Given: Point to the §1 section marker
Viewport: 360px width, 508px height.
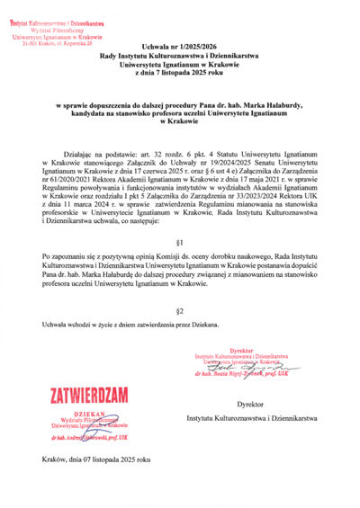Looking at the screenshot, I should pyautogui.click(x=179, y=243).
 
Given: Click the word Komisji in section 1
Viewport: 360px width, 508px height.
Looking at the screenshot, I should pyautogui.click(x=161, y=258).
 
